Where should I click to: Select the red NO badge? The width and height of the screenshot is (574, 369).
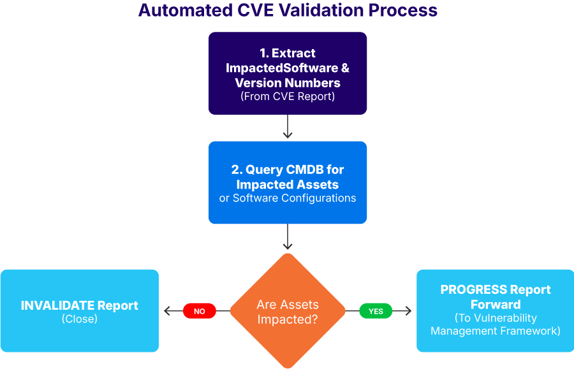[199, 311]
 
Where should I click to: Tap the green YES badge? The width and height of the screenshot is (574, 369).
[376, 311]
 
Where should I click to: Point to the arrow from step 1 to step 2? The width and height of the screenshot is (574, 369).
[288, 127]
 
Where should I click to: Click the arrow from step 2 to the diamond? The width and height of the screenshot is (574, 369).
[288, 237]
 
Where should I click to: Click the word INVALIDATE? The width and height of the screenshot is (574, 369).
[57, 305]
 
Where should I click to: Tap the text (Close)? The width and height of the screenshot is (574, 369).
[80, 319]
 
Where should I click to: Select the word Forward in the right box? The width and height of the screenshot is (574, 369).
[496, 304]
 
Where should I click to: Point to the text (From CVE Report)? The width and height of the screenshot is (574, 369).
[288, 97]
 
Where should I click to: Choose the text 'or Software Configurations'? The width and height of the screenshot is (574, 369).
[288, 198]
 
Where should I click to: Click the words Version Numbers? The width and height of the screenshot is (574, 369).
[288, 83]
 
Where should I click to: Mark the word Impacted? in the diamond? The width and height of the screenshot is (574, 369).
[288, 319]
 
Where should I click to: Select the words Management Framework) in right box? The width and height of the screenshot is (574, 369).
[496, 331]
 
